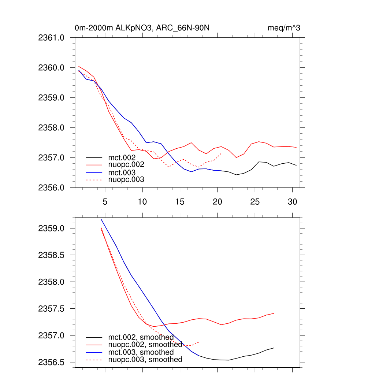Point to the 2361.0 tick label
pos(51,37)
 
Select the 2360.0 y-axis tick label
pos(51,68)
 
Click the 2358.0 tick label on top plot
pos(51,128)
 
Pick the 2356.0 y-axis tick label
pos(51,188)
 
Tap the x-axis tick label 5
pos(105,201)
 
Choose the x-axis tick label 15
pos(180,201)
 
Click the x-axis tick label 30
pos(292,201)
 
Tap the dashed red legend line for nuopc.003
pos(94,179)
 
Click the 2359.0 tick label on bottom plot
pos(51,229)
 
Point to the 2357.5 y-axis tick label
pos(51,309)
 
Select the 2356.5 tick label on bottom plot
pos(51,362)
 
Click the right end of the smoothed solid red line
pos(274,313)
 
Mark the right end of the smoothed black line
pos(274,348)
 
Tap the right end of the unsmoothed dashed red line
pos(221,153)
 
